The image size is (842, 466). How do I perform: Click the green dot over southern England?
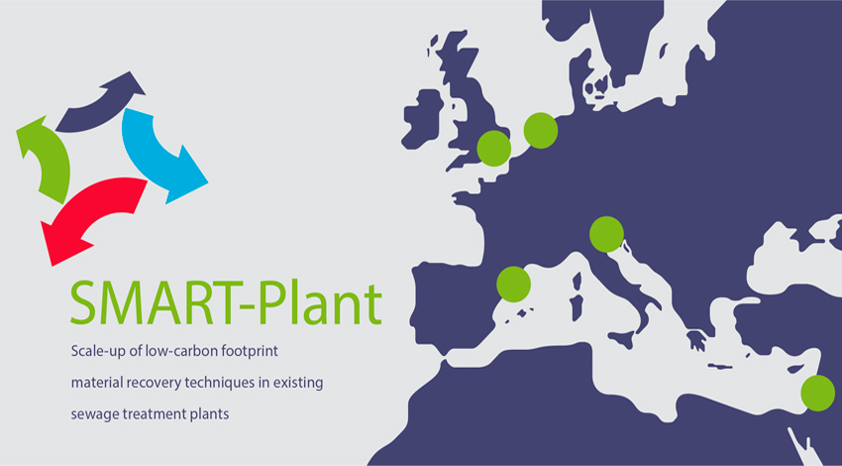coord(494,149)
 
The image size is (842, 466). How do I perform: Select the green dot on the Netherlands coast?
coord(541,131)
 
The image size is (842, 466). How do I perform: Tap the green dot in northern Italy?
coord(607,234)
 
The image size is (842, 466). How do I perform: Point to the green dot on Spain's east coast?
coord(514,284)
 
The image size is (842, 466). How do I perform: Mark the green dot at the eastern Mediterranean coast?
coord(818,394)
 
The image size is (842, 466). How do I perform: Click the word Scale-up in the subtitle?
coord(94,353)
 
